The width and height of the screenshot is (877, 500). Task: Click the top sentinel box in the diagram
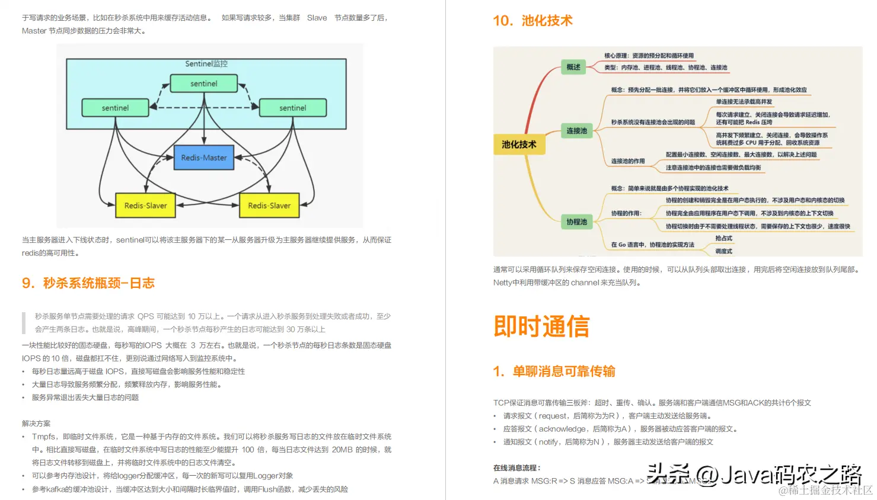point(204,84)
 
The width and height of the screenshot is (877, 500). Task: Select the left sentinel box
point(115,108)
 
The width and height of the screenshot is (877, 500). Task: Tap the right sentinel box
point(293,108)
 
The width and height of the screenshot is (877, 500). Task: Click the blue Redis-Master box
point(204,158)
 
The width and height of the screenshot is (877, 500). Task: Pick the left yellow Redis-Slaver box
point(145,206)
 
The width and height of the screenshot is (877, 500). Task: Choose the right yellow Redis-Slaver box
point(269,206)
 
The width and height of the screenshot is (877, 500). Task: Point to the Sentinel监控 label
point(206,64)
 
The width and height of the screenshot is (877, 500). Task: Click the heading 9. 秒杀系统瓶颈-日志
point(88,283)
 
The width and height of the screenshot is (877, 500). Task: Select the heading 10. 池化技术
point(532,21)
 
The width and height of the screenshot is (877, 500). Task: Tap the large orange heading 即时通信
point(541,326)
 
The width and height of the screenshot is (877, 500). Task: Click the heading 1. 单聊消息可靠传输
point(554,371)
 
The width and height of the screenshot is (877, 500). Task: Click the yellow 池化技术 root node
point(519,145)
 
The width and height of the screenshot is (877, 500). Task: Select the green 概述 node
point(573,68)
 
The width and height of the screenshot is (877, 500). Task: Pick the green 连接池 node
point(576,131)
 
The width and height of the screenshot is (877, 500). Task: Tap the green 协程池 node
point(576,222)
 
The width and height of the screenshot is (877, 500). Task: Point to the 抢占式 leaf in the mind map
point(723,238)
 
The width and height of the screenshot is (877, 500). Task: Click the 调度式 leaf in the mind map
point(723,251)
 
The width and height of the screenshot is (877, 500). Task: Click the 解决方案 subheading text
point(36,424)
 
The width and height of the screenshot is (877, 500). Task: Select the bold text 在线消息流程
point(516,468)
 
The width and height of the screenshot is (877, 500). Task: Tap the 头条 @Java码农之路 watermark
point(753,474)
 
